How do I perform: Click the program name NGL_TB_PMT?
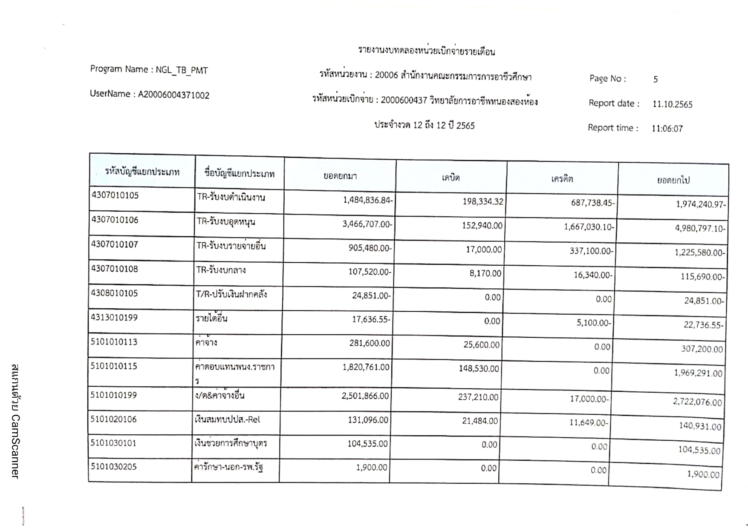(x=182, y=70)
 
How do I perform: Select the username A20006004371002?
(x=173, y=95)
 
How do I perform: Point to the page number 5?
(x=656, y=79)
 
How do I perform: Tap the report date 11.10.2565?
(x=672, y=104)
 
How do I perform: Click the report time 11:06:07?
(x=667, y=129)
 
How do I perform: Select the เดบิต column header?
(x=451, y=178)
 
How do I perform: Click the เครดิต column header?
(x=562, y=179)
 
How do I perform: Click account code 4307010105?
(x=115, y=195)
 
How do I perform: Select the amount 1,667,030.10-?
(x=589, y=227)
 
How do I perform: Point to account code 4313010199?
(x=114, y=318)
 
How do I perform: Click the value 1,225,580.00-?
(x=699, y=253)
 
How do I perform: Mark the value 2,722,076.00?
(x=697, y=402)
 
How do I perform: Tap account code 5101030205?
(x=113, y=467)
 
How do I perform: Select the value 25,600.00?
(x=481, y=344)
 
